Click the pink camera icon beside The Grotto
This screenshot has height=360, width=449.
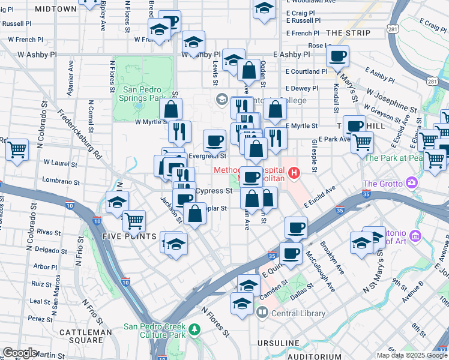point(411,182)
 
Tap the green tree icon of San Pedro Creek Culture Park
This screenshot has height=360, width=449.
point(194,329)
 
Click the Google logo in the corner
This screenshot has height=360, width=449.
point(19,353)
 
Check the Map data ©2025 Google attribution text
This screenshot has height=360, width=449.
point(412,355)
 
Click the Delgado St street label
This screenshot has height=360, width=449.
point(50,249)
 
